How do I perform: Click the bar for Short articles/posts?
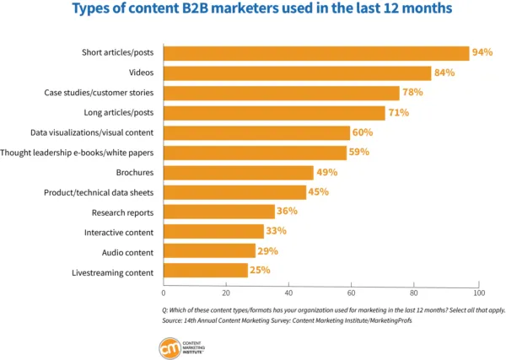tap(316, 53)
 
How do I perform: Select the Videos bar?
tap(297, 73)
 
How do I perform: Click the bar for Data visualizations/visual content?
tap(256, 132)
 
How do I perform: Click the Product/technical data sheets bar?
tap(234, 192)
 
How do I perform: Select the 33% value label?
tap(277, 232)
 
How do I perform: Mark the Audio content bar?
tap(209, 251)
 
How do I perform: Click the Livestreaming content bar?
tap(205, 271)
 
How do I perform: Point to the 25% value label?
tap(260, 271)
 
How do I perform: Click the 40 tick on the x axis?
tap(289, 293)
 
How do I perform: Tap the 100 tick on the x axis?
tap(478, 293)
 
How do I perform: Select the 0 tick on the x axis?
tap(164, 293)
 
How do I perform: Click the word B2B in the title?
tap(207, 11)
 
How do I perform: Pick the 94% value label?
tap(482, 53)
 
